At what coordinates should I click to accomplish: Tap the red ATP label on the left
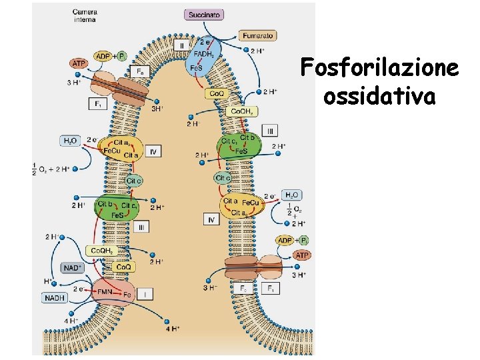pos(79,63)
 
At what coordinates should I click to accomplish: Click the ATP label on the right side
pos(302,255)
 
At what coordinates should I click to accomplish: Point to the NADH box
pos(55,297)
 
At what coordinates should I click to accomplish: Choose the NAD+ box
pos(71,268)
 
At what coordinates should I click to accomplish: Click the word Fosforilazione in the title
pos(379,68)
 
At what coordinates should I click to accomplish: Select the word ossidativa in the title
pos(379,96)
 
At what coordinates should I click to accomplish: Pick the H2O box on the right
pos(291,195)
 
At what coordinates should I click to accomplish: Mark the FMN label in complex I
pos(105,291)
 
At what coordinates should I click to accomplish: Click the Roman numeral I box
pos(145,292)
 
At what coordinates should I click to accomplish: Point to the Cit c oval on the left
pos(133,181)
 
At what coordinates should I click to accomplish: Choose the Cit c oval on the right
pos(223,178)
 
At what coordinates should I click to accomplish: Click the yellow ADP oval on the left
pos(103,56)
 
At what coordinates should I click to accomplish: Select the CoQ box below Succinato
pos(217,94)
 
